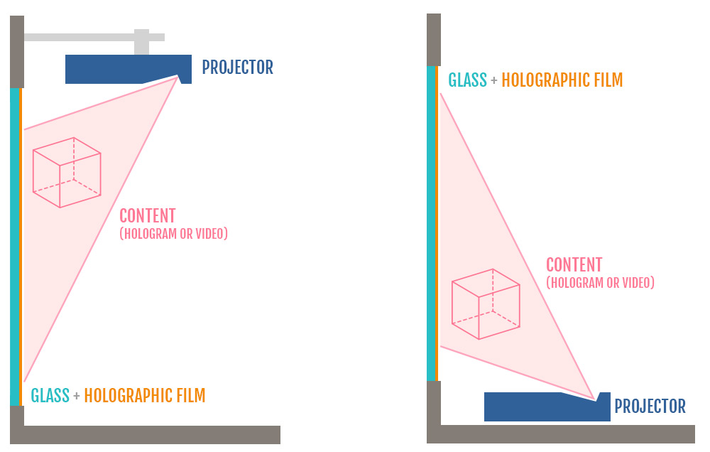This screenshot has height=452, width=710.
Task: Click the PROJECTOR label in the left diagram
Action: click(237, 68)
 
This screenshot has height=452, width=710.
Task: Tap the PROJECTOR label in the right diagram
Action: click(650, 407)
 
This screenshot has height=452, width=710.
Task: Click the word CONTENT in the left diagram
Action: click(147, 216)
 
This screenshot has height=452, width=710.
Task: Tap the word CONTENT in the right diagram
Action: click(574, 265)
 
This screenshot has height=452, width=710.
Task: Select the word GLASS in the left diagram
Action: click(50, 396)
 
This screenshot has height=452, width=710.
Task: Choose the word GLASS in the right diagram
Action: click(467, 80)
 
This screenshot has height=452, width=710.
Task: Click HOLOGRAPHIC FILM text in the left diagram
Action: click(144, 396)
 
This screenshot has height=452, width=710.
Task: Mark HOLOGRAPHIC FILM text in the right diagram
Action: click(562, 80)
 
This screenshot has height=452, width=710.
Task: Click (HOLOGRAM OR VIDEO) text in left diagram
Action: click(173, 234)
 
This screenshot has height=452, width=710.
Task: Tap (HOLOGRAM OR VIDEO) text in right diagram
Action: click(600, 283)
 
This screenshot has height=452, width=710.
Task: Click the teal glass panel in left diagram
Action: click(14, 247)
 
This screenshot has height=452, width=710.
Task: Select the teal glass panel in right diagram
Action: click(431, 223)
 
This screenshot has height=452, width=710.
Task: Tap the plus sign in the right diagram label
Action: click(494, 81)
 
